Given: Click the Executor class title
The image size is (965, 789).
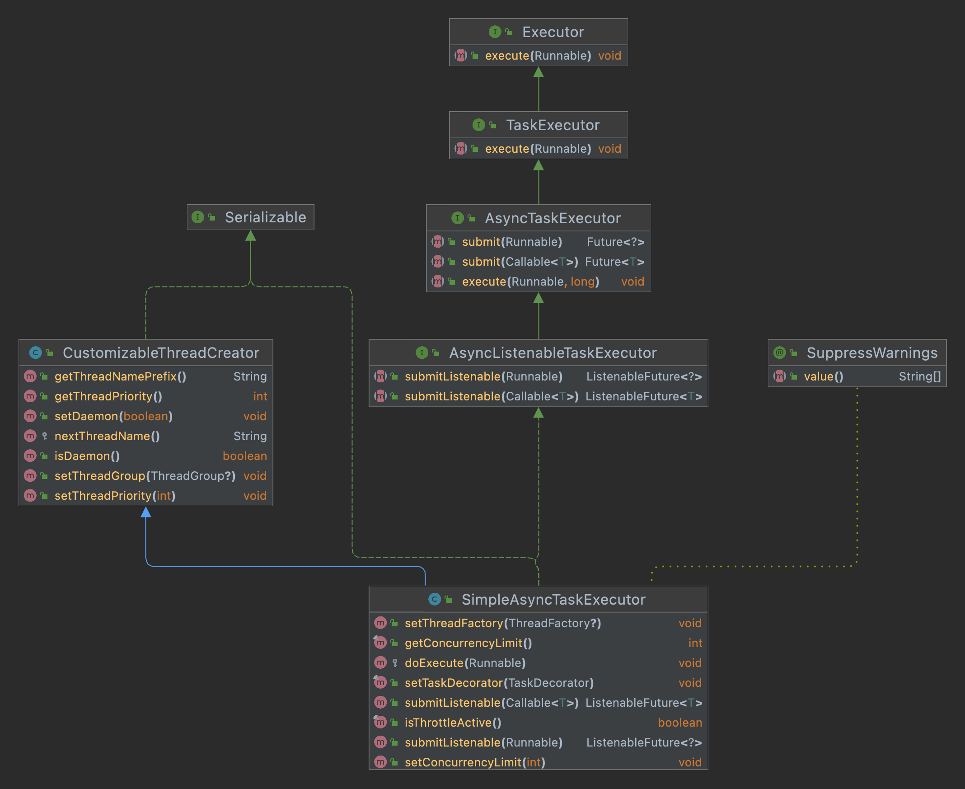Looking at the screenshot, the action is [x=553, y=32].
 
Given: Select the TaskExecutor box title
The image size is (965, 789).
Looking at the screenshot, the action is [x=553, y=125].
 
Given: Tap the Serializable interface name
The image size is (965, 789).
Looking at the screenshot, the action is [x=265, y=217].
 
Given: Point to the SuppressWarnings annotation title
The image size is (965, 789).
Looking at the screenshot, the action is [x=872, y=352].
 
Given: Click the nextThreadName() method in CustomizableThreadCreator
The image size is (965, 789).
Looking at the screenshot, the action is [x=107, y=437].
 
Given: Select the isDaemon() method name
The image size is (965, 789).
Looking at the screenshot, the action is [x=87, y=456].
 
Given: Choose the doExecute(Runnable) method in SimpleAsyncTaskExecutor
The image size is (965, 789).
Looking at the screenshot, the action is [x=465, y=663].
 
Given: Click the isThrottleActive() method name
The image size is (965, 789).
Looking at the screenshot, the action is [x=453, y=723].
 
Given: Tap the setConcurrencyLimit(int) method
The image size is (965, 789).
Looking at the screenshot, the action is [x=475, y=762].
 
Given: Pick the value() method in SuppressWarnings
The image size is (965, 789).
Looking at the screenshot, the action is [x=824, y=376].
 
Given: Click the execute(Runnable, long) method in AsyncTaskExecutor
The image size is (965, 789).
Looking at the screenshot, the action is [x=531, y=282].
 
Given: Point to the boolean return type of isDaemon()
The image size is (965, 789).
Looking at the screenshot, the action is [x=245, y=456].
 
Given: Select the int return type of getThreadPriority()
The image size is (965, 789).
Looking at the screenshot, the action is [x=260, y=396].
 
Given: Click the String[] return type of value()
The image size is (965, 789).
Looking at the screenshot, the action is [x=920, y=376].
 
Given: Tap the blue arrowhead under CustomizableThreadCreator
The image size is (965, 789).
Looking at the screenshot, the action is [x=146, y=512].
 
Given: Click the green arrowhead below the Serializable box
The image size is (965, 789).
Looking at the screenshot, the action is [x=251, y=235].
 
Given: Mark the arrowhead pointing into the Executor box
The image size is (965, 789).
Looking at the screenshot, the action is [x=539, y=72].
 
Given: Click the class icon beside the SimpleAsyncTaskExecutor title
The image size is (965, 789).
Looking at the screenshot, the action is [x=434, y=600].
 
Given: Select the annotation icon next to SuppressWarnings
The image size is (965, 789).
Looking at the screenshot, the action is [x=780, y=352].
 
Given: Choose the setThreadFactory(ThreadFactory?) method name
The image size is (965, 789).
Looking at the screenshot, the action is [x=503, y=623].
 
